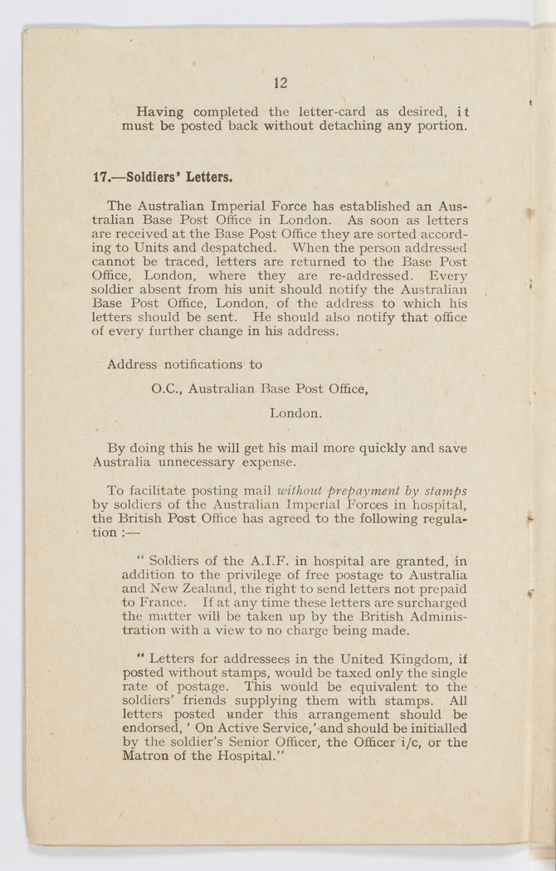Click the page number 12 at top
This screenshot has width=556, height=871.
pyautogui.click(x=280, y=82)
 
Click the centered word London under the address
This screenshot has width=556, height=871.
pyautogui.click(x=295, y=411)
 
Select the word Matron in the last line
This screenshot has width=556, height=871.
pyautogui.click(x=145, y=757)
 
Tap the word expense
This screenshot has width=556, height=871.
pyautogui.click(x=268, y=462)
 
